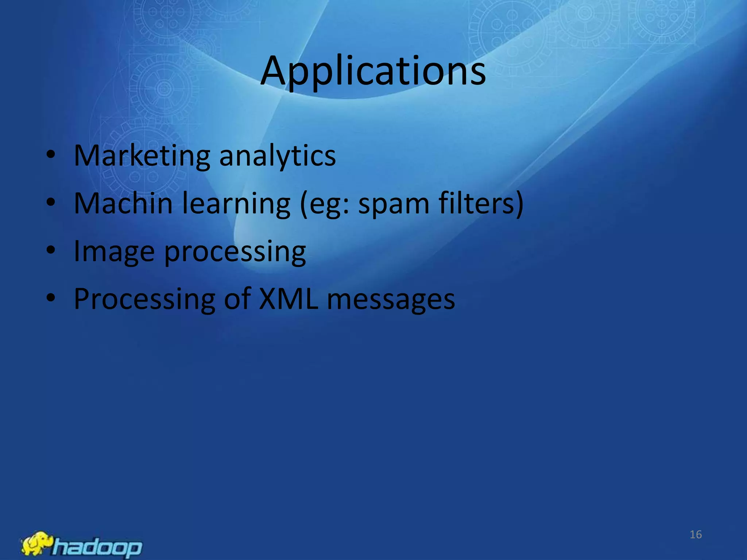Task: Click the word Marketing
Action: [142, 156]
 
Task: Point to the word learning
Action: [236, 204]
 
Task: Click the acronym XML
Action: [288, 299]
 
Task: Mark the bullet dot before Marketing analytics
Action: [51, 155]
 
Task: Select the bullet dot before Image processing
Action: [51, 250]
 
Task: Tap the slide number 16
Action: [696, 534]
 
